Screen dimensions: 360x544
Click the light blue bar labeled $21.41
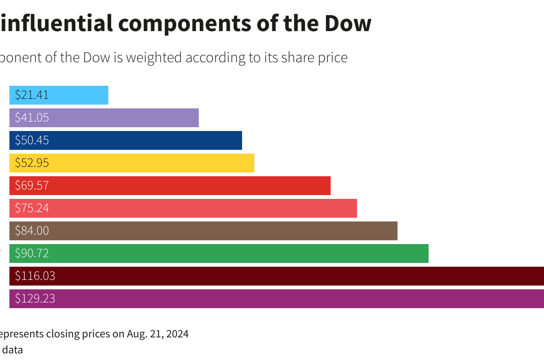75,95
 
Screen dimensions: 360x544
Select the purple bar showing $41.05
122,118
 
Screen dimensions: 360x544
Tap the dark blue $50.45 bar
141,140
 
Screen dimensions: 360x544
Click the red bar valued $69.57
188,186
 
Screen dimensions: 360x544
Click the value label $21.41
32,95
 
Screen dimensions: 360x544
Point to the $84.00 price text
32,231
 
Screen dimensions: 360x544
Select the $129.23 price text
35,299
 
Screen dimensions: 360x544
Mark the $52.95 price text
32,163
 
